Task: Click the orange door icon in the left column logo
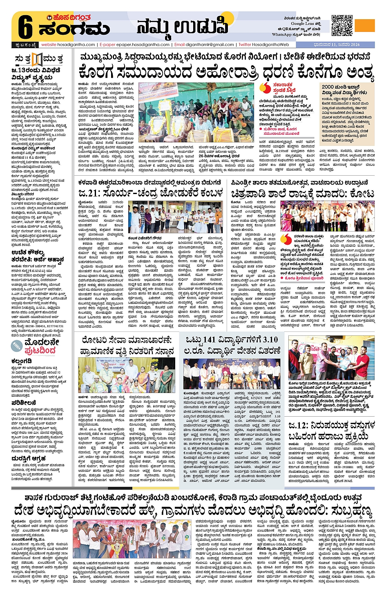pyautogui.click(x=37, y=60)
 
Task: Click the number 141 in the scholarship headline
pyautogui.click(x=208, y=340)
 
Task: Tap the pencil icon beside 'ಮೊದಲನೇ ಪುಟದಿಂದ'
pyautogui.click(x=17, y=346)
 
